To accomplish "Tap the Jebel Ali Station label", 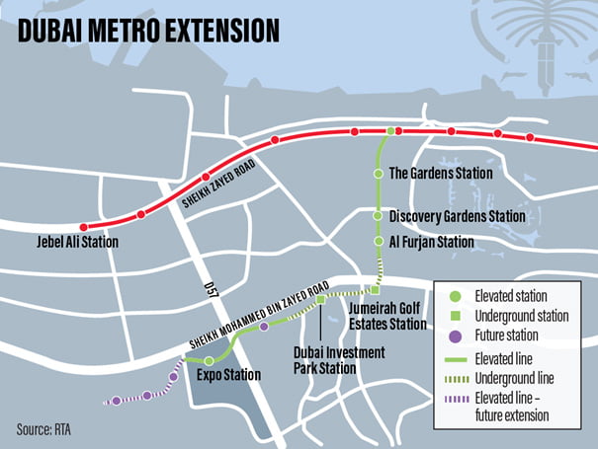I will (76, 242).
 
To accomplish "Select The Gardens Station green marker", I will (377, 174).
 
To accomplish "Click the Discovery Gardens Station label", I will (456, 216).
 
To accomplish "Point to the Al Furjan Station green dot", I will (377, 241).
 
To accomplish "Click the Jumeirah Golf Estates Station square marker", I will (375, 290).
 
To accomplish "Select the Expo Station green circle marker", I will (209, 361).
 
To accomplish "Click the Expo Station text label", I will (228, 376).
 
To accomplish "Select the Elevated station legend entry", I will (510, 295).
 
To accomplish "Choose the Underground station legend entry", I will (520, 317).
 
